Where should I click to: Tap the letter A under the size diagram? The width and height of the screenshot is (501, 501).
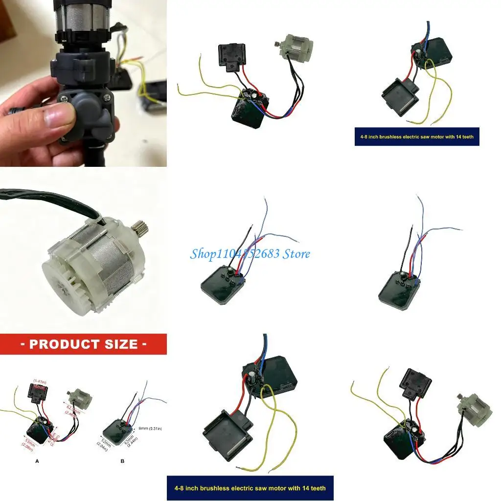(37, 461)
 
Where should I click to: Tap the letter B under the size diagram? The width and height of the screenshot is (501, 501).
(122, 461)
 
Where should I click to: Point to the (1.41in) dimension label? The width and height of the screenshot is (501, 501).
(40, 380)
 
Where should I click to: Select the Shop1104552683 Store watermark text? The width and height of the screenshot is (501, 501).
(250, 253)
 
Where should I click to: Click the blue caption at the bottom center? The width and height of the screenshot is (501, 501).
(250, 488)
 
